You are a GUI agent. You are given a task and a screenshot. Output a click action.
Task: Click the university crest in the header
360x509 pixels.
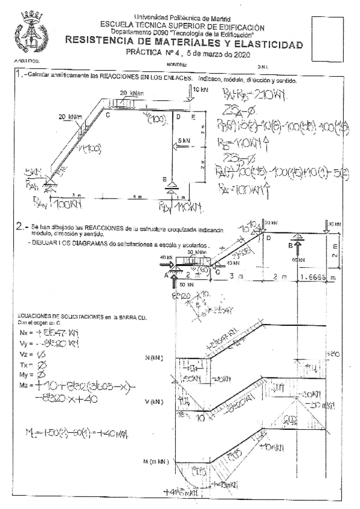pyautogui.click(x=28, y=33)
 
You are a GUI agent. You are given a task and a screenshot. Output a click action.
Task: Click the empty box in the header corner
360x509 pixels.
pyautogui.click(x=328, y=37)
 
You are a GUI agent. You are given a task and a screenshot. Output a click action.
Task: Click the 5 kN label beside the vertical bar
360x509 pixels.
pyautogui.click(x=185, y=140)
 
